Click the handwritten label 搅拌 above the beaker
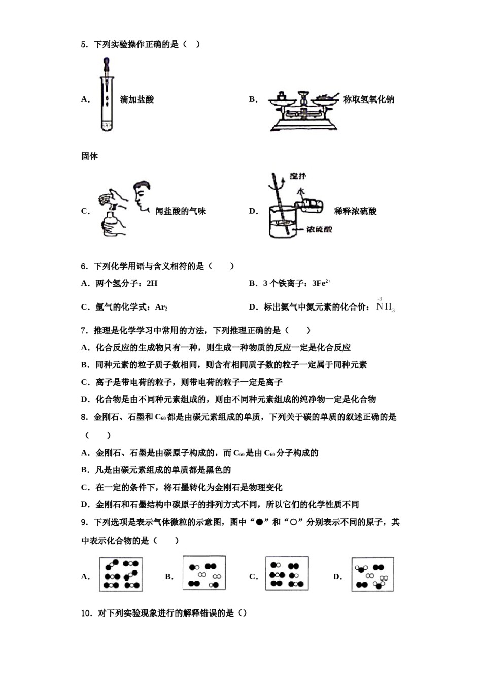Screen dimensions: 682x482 click(x=298, y=176)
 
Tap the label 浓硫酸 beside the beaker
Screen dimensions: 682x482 click(x=320, y=229)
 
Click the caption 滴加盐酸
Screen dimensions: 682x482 click(x=137, y=99)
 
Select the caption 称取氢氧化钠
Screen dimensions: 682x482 click(x=369, y=99)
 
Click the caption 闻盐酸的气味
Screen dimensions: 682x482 click(x=181, y=211)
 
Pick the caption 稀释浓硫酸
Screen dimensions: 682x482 click(x=356, y=211)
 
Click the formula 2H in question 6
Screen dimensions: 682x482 click(x=152, y=283)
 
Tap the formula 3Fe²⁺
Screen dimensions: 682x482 click(x=322, y=283)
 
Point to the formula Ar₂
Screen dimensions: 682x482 click(x=161, y=307)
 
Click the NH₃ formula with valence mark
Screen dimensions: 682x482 click(x=386, y=306)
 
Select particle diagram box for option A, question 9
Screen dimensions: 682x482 click(x=121, y=574)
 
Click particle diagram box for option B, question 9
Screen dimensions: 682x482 click(x=204, y=573)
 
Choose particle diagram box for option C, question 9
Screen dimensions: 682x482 click(x=287, y=573)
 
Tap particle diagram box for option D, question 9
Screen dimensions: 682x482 click(x=372, y=575)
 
